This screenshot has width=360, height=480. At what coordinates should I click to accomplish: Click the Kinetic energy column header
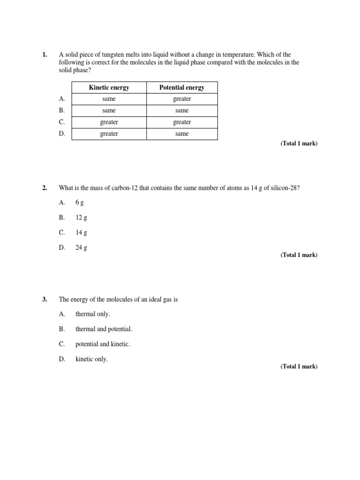(109, 88)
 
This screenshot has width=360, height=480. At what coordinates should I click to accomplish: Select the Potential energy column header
(182, 88)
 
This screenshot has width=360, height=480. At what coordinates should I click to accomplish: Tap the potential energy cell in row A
(182, 99)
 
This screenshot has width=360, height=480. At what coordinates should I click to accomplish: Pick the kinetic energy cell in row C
(109, 122)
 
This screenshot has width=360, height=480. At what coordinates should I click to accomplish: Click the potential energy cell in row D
(182, 134)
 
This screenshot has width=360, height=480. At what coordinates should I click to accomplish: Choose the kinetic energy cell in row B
(109, 111)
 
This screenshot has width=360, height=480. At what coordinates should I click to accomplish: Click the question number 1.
(45, 55)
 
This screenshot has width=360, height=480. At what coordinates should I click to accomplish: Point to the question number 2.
(45, 188)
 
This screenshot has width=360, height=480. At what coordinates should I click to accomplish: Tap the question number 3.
(45, 299)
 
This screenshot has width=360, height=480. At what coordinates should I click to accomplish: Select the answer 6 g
(80, 202)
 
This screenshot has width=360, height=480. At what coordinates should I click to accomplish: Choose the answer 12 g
(81, 217)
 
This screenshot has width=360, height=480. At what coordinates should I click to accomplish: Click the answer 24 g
(81, 248)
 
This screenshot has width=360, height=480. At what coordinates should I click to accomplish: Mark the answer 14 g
(81, 232)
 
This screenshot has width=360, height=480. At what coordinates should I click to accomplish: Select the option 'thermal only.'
(92, 314)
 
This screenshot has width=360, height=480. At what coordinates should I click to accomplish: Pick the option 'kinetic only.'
(91, 359)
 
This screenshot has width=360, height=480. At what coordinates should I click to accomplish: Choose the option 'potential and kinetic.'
(103, 344)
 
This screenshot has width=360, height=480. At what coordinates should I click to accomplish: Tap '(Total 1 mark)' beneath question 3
(299, 367)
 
